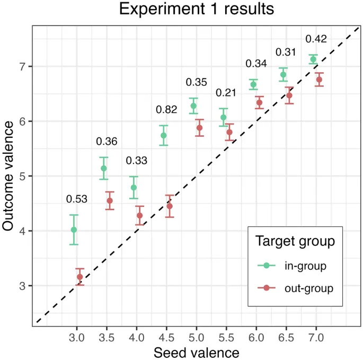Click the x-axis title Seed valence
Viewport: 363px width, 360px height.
point(196,352)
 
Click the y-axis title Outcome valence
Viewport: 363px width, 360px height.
point(8,176)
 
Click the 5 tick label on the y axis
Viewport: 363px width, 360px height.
point(22,176)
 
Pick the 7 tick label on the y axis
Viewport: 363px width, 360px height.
point(22,66)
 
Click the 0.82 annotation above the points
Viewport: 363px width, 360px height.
point(166,109)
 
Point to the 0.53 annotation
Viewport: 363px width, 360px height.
point(77,199)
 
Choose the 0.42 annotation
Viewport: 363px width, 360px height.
point(316,39)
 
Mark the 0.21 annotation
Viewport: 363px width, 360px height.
point(226,93)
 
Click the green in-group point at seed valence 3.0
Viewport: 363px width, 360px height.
point(74,230)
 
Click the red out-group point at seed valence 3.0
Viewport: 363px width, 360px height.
point(80,277)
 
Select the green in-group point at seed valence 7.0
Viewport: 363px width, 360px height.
point(313,59)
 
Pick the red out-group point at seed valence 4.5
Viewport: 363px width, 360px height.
point(170,206)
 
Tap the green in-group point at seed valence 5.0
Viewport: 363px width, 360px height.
point(193,106)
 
